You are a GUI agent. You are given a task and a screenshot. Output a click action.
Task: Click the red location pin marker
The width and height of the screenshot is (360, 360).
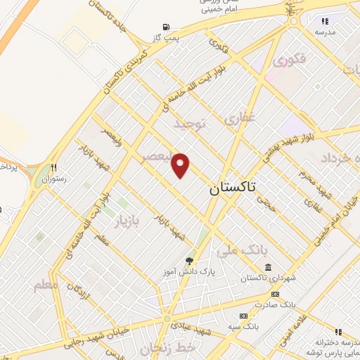pos(181,165)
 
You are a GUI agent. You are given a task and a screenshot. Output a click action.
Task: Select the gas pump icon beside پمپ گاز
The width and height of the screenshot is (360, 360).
pos(166,27)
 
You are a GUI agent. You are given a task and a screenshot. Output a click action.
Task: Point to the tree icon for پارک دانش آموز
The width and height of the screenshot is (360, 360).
pos(189,261)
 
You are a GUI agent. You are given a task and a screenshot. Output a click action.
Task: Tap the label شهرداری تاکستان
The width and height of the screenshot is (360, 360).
pos(267,278)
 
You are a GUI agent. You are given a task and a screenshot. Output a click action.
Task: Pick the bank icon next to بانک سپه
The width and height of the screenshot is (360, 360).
pos(243,316)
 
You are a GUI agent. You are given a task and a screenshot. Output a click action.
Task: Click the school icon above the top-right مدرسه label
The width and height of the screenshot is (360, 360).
pos(325,22)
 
